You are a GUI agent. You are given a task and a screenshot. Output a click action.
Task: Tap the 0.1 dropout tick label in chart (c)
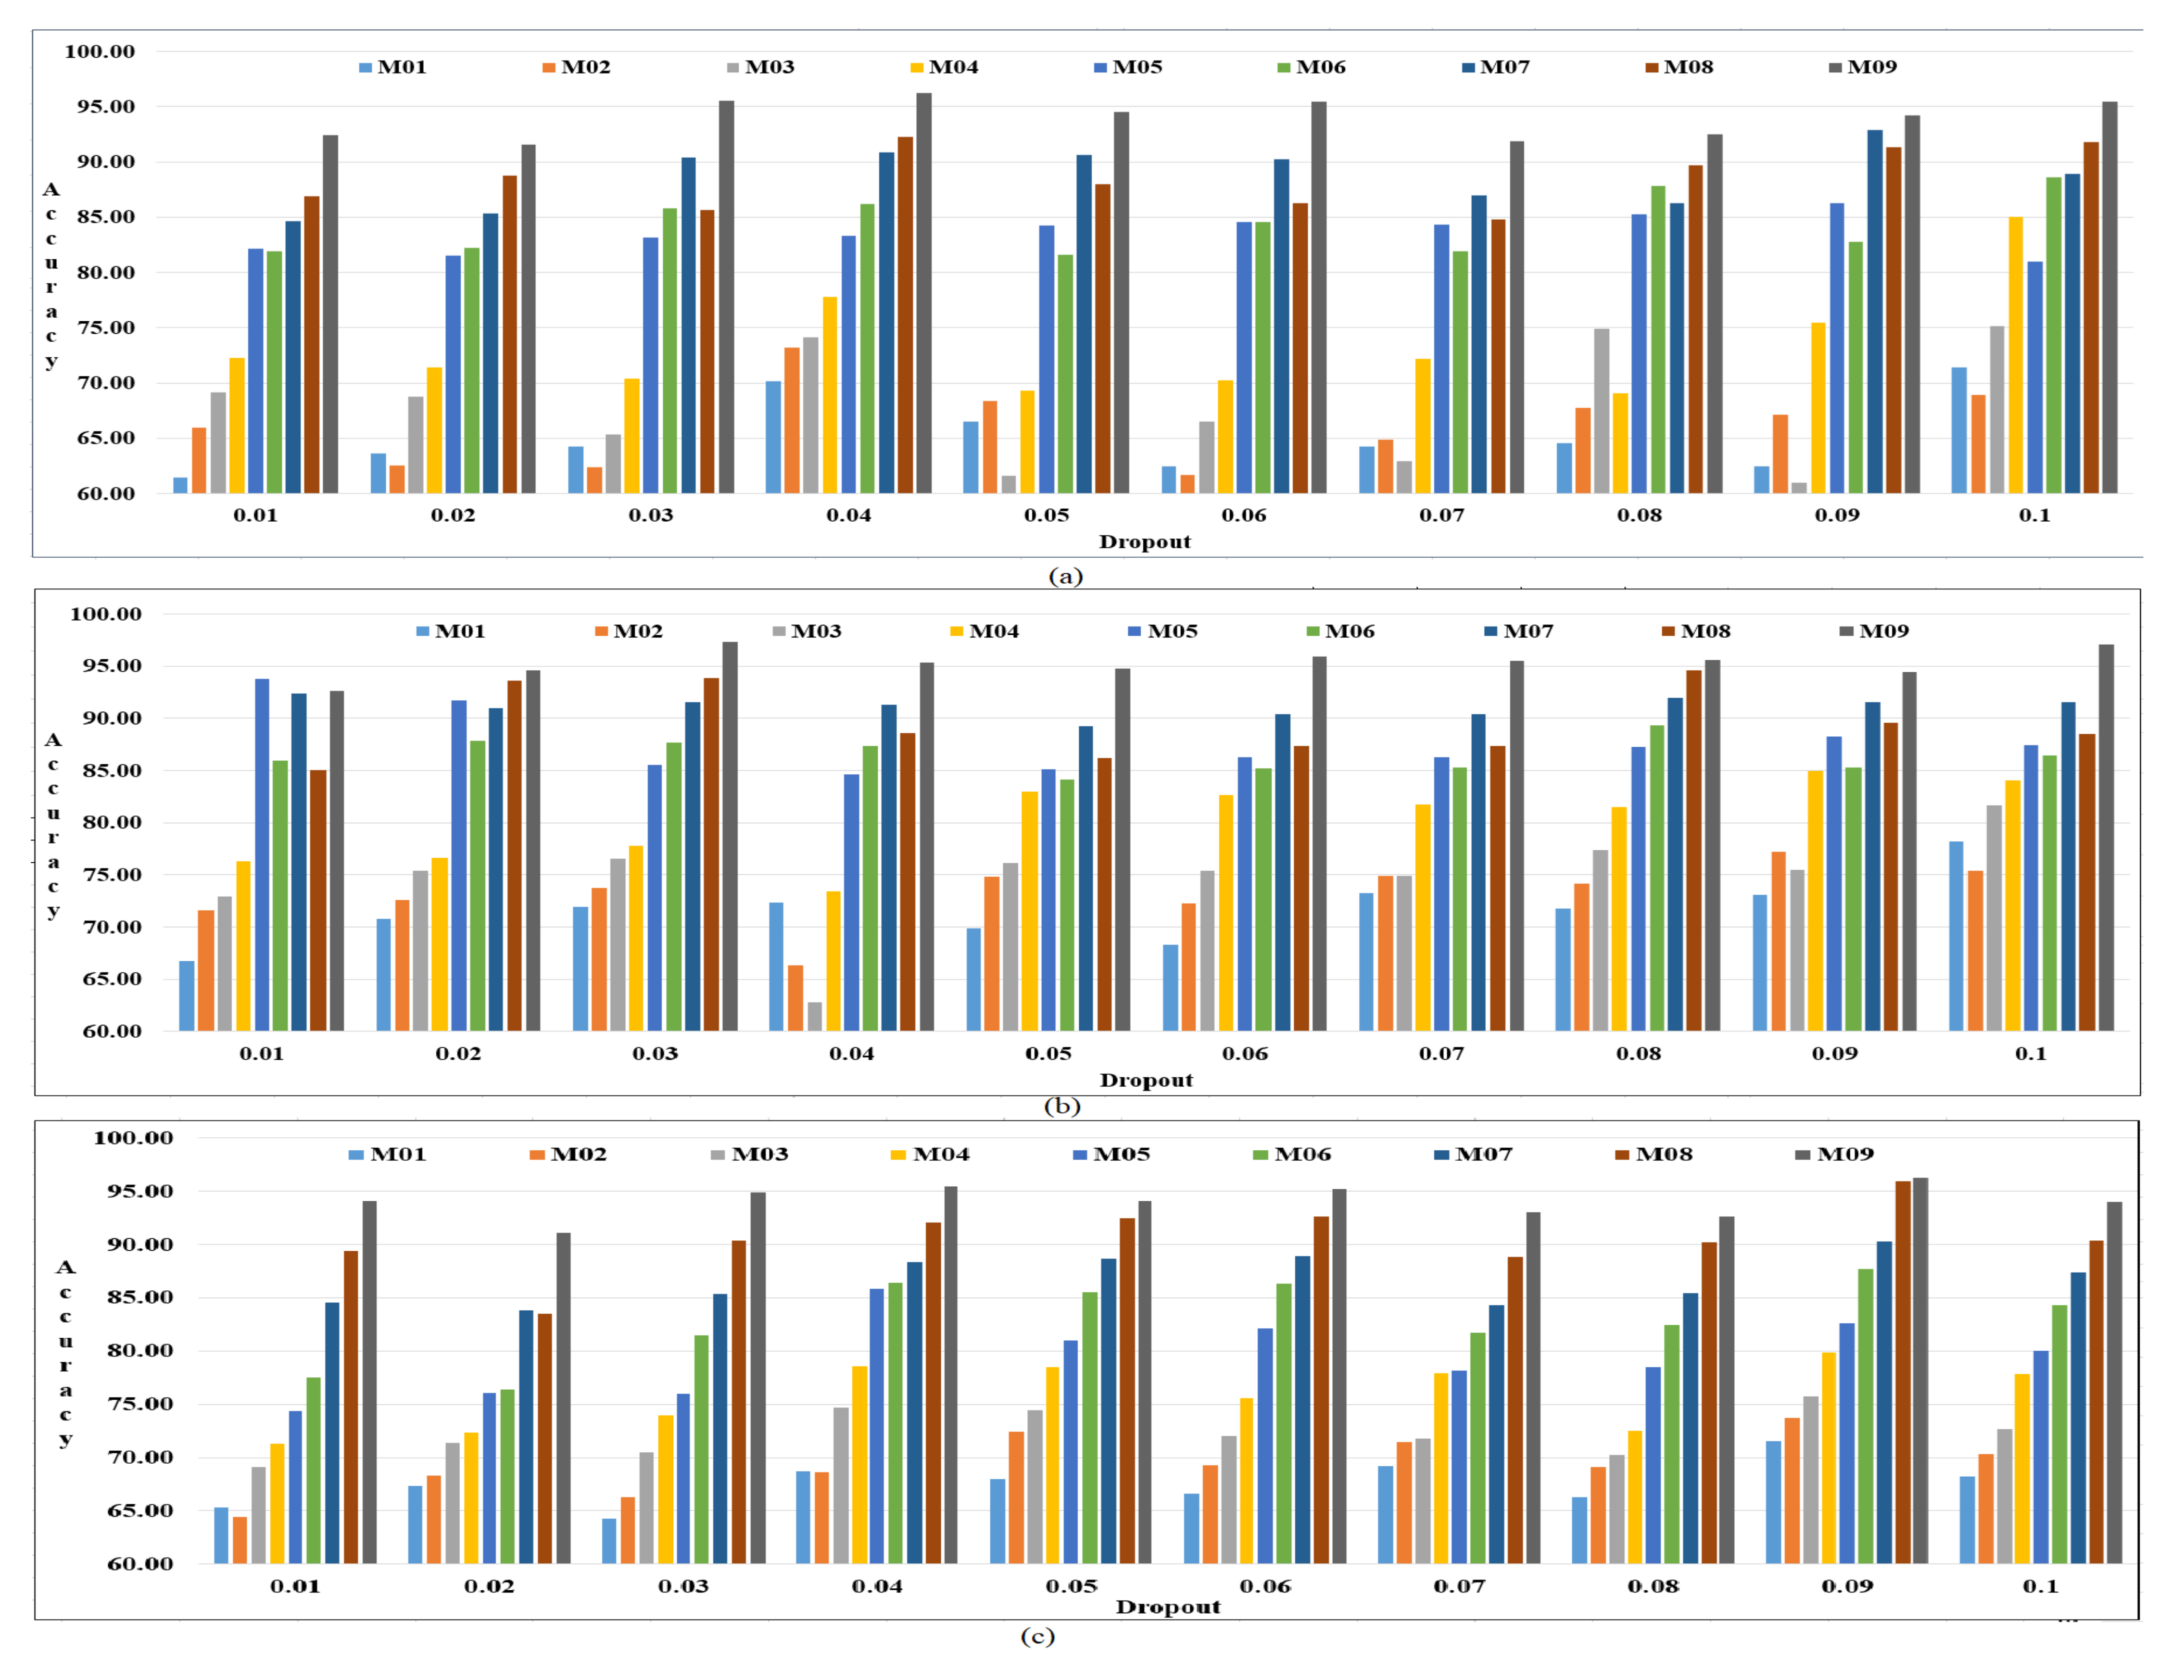2040,1586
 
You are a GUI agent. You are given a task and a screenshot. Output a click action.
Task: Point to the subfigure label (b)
1063,1106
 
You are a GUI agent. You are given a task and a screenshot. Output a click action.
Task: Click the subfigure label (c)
1037,1636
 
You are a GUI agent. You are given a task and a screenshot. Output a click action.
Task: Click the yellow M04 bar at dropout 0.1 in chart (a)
2015,356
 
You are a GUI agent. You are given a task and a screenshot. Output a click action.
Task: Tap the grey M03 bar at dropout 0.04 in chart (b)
815,1017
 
